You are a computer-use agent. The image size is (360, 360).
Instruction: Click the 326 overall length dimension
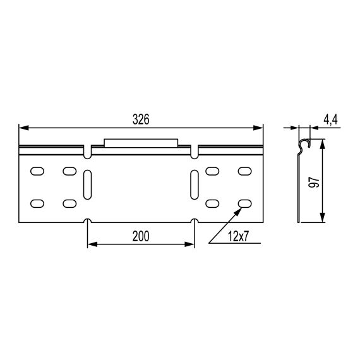pyautogui.click(x=141, y=119)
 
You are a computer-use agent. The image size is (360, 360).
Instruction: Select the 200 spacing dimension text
pyautogui.click(x=141, y=236)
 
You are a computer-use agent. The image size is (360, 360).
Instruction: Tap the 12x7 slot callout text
pyautogui.click(x=238, y=236)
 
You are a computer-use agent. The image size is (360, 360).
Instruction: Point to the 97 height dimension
pyautogui.click(x=314, y=183)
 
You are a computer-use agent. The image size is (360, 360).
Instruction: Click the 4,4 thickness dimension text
pyautogui.click(x=330, y=119)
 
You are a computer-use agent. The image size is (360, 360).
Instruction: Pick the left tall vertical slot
pyautogui.click(x=87, y=184)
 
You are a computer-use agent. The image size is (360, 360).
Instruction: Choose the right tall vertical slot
pyautogui.click(x=195, y=184)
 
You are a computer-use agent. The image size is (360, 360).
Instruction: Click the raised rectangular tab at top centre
pyautogui.click(x=141, y=143)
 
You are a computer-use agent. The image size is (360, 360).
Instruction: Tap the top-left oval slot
pyautogui.click(x=37, y=171)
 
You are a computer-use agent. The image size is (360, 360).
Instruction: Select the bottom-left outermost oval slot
pyautogui.click(x=37, y=203)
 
